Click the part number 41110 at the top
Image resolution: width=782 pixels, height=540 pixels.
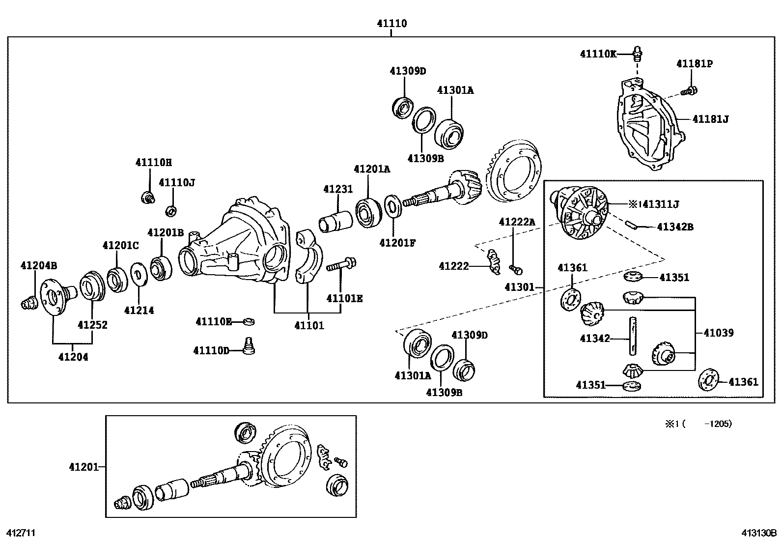392,23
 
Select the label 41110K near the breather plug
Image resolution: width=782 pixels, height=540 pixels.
598,54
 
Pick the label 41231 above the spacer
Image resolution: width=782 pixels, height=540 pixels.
338,189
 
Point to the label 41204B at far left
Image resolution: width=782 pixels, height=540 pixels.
39,266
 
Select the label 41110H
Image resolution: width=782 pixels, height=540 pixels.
154,162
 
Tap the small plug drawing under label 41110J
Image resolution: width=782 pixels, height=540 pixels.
171,211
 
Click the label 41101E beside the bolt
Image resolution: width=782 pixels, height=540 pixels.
344,298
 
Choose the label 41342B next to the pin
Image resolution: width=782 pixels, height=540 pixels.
675,227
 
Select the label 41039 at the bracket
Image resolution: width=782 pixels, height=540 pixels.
718,333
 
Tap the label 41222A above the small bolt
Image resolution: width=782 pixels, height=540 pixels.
517,222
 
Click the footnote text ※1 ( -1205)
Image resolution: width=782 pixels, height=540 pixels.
698,424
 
